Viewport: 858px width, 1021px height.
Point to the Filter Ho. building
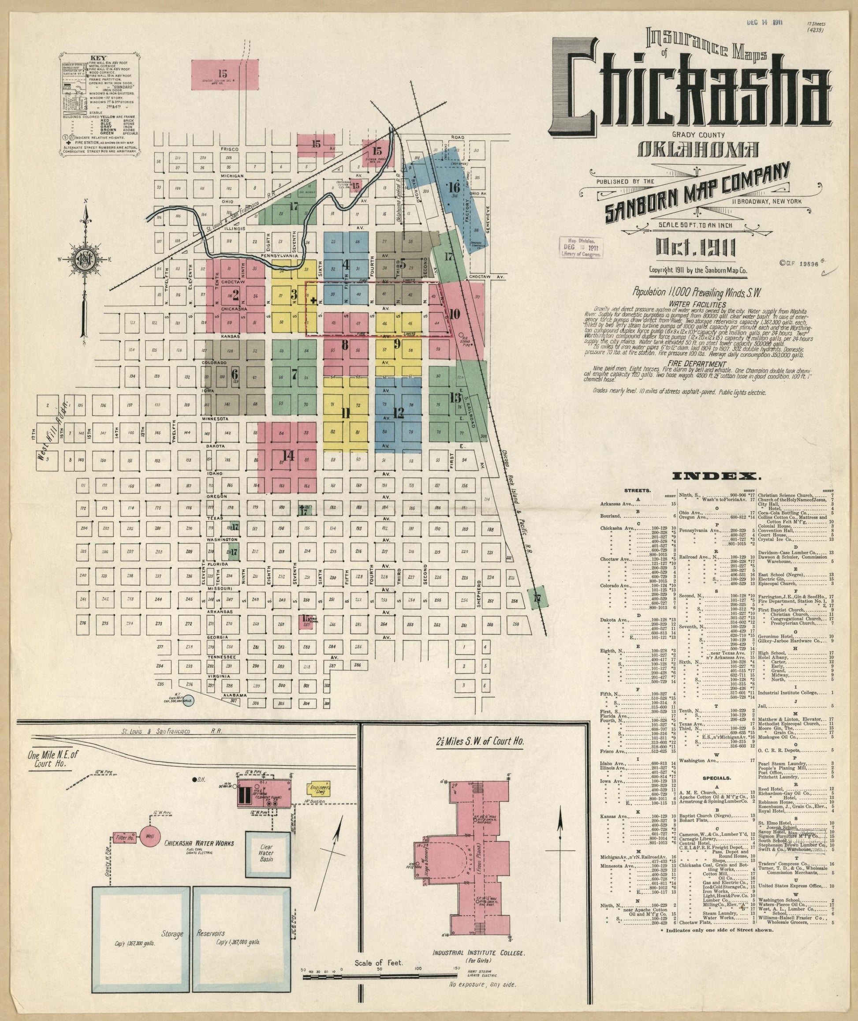click(124, 838)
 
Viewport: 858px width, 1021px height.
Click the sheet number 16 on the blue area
click(454, 187)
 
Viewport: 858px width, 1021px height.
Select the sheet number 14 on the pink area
click(289, 455)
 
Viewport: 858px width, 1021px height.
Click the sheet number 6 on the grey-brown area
click(235, 374)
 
